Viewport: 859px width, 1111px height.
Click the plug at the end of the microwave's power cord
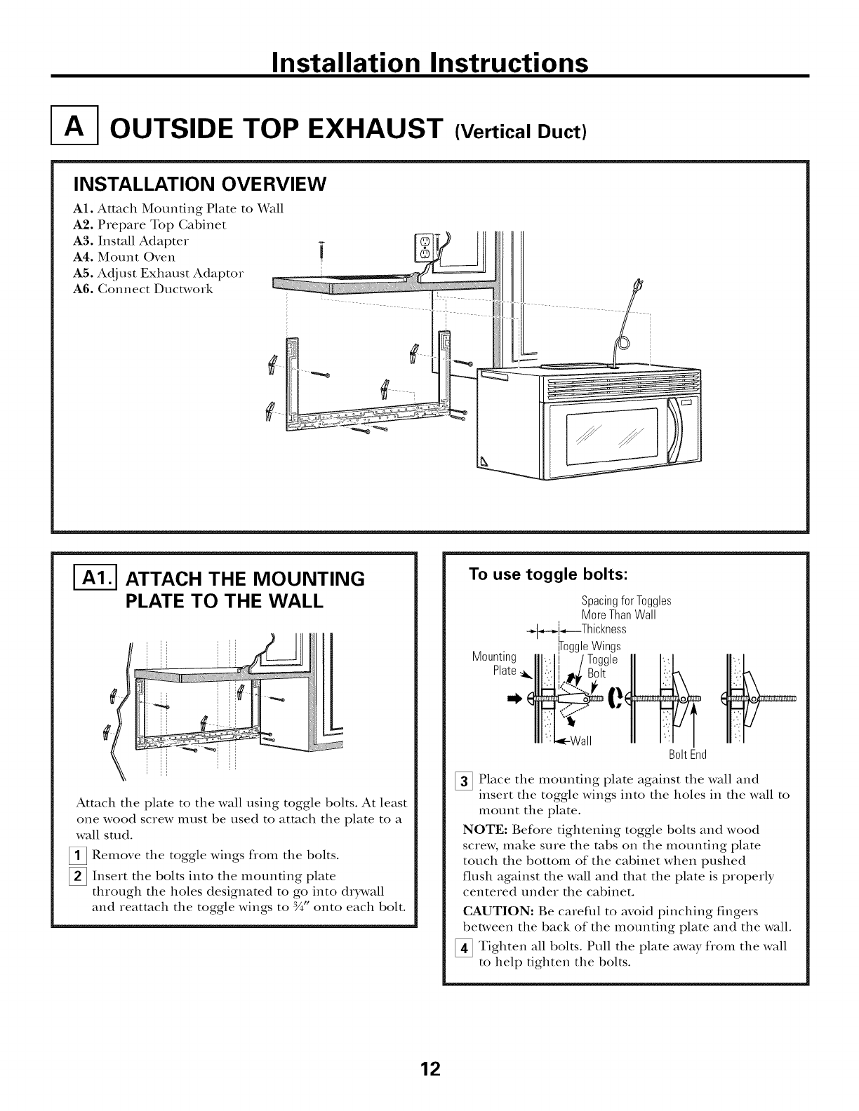[638, 288]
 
